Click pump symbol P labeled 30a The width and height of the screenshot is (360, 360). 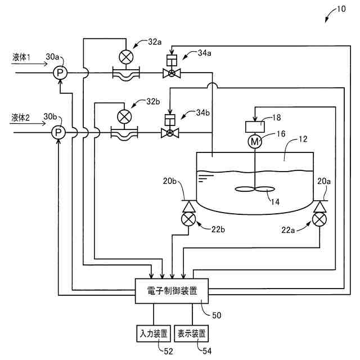pos(60,73)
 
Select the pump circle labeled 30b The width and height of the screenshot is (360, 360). pos(58,133)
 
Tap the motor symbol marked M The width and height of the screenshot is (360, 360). pos(255,141)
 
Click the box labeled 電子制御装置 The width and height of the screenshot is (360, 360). pos(172,291)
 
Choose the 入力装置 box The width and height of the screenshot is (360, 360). pos(154,334)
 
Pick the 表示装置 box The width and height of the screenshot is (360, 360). pos(191,334)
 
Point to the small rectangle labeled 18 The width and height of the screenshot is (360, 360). pos(255,127)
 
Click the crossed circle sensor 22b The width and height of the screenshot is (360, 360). pos(188,219)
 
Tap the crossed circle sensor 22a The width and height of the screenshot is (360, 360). pos(319,219)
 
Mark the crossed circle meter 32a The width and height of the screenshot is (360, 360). pos(126,57)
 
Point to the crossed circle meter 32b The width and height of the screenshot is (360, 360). pos(124,116)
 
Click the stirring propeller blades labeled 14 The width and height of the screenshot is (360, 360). pos(255,190)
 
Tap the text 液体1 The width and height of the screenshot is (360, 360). pos(21,57)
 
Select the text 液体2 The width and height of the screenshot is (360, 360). pos(20,118)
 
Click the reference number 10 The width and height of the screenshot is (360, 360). pos(341,9)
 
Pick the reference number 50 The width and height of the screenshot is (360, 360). pos(217,315)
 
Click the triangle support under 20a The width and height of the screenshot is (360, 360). pos(319,206)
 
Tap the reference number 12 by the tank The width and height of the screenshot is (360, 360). pos(303,139)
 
